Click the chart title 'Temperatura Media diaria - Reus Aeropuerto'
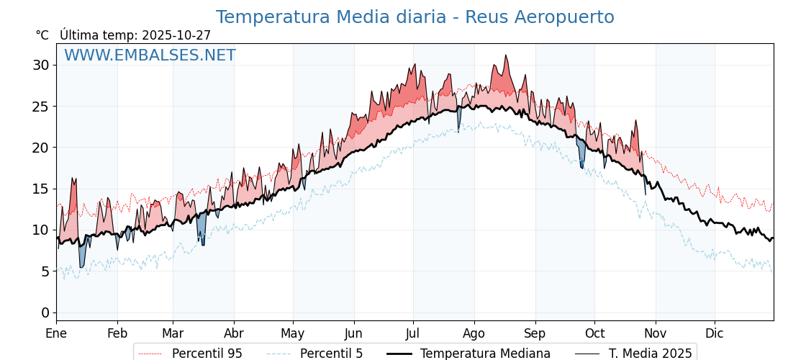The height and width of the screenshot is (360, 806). [415, 17]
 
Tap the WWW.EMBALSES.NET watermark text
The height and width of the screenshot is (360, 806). [150, 55]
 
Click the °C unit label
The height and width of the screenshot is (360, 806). [42, 35]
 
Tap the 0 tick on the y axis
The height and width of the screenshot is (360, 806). [46, 312]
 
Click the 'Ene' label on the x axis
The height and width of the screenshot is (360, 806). [56, 334]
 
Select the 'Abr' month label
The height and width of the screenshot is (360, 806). [233, 334]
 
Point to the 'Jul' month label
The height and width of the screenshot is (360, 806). [413, 334]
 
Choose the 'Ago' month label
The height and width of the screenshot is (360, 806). [474, 334]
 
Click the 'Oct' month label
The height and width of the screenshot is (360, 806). [594, 334]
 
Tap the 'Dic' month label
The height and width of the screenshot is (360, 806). [715, 334]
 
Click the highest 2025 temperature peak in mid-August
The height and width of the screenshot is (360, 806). [506, 55]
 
